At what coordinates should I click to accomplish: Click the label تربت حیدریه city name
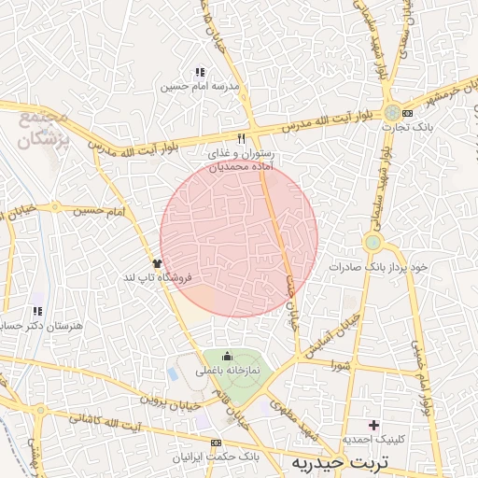[x=362, y=462]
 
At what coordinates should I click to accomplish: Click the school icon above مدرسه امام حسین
[x=199, y=72]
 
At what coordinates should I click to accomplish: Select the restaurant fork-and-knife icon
[x=242, y=138]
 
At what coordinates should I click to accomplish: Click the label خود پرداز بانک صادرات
[x=378, y=267]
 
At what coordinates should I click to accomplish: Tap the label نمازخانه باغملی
[x=227, y=370]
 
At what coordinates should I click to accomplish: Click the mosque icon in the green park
[x=227, y=356]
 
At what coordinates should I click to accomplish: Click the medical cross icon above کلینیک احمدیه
[x=373, y=425]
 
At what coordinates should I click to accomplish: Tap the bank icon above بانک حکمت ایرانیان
[x=217, y=442]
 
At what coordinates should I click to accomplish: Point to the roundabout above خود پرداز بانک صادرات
[x=373, y=244]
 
